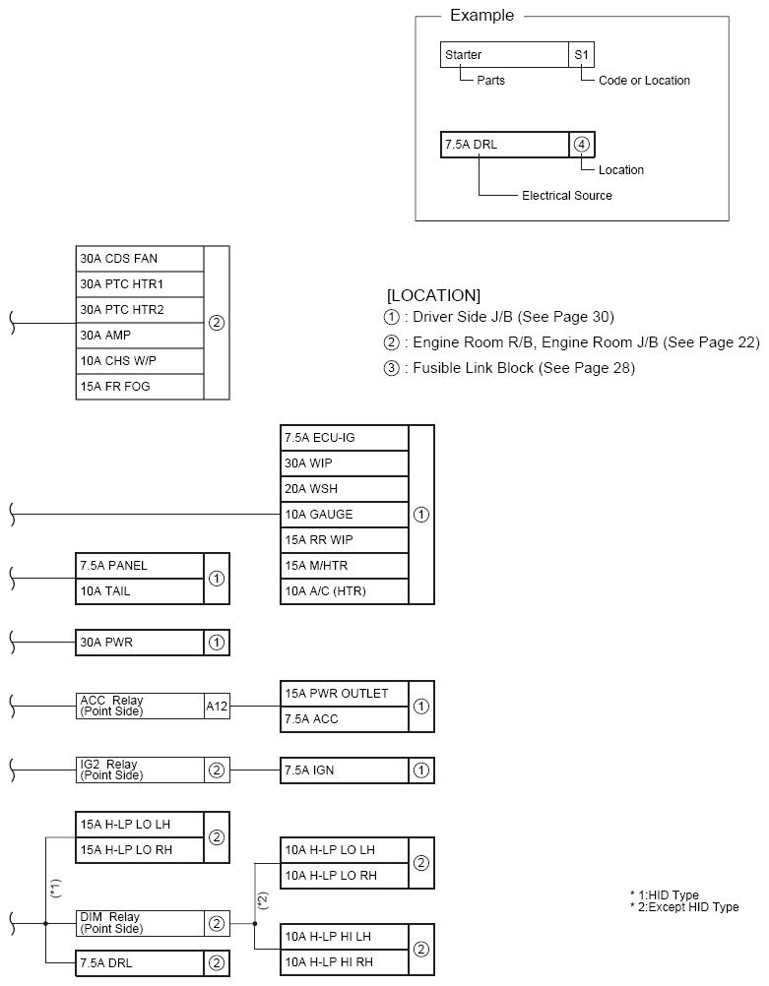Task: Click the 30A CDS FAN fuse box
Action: pyautogui.click(x=140, y=259)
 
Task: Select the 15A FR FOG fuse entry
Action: pyautogui.click(x=140, y=387)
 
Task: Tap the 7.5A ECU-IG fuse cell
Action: pyautogui.click(x=344, y=438)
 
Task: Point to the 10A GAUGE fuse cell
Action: pyautogui.click(x=344, y=515)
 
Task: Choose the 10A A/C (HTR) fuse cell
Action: pyautogui.click(x=344, y=591)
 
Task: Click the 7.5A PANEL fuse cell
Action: pyautogui.click(x=140, y=566)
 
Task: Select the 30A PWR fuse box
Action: pyautogui.click(x=140, y=643)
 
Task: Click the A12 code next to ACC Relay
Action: pyautogui.click(x=217, y=707)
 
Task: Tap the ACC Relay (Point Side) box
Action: pyautogui.click(x=140, y=707)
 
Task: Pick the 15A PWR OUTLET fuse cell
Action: pyautogui.click(x=344, y=694)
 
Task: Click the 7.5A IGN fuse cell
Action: pyautogui.click(x=344, y=770)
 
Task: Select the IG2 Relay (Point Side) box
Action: pyautogui.click(x=140, y=770)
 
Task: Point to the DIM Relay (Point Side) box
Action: pyautogui.click(x=140, y=923)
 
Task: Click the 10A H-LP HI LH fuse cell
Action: pyautogui.click(x=344, y=937)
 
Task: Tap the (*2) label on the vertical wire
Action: pyautogui.click(x=263, y=898)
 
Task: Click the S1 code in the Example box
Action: pyautogui.click(x=582, y=55)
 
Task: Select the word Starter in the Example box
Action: pyautogui.click(x=464, y=55)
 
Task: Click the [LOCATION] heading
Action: pyautogui.click(x=433, y=295)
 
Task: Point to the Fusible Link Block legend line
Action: pyautogui.click(x=510, y=368)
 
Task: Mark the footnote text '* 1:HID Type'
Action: pyautogui.click(x=665, y=895)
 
